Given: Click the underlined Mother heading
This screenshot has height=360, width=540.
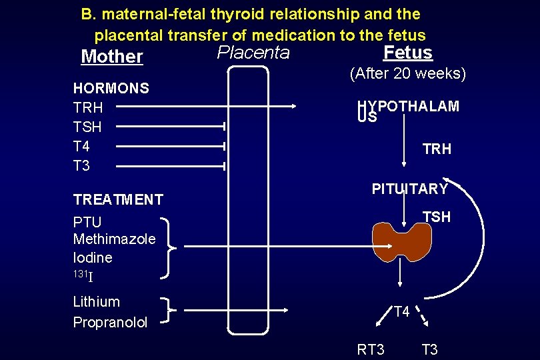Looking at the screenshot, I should coord(111,57).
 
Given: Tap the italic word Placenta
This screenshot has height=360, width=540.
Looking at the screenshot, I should coord(254,53).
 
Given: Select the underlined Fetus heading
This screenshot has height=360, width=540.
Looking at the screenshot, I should coord(408,53).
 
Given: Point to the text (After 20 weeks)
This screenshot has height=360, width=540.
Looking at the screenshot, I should coord(408,73).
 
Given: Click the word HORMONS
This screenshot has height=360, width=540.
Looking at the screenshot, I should coord(111,88).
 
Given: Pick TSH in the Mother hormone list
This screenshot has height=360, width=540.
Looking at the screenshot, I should coord(87,127).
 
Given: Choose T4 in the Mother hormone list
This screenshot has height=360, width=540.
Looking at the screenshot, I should coord(81,146).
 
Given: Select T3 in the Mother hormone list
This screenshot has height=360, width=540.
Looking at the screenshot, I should coord(81,165).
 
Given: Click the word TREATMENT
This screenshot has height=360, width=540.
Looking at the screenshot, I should coord(118,199).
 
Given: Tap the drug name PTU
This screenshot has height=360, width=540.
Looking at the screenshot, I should coord(87,222).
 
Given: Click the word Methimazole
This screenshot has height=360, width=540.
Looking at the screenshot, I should coord(114,239).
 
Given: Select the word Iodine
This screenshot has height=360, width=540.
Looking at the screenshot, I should coord(93,257).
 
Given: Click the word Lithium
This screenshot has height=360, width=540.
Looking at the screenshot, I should coord(96,302).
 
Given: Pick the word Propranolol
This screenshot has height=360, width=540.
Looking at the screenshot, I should coord(110,323).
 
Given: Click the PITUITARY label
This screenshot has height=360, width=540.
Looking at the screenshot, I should coord(409,189).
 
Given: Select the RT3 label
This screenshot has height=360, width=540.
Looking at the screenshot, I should coord(371,349).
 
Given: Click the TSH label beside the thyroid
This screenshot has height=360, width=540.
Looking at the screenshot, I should coord(437,217).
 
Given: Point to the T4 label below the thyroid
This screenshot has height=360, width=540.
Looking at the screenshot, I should coord(401,311).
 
